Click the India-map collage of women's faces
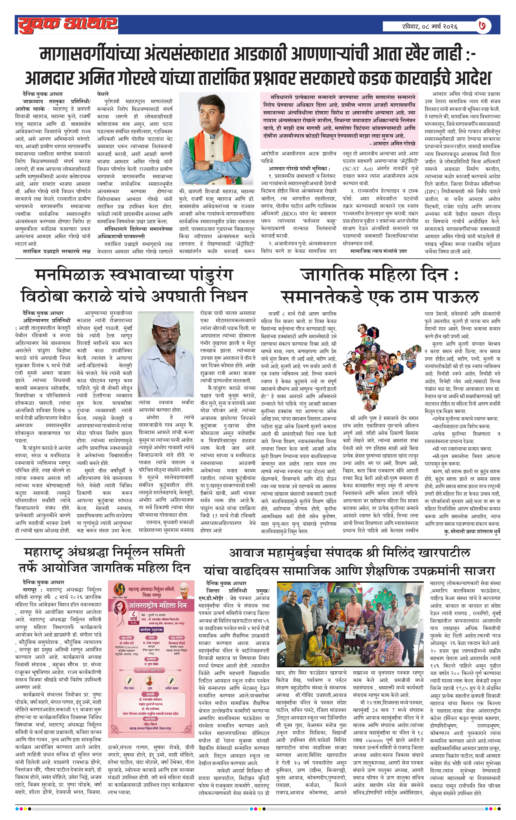click(379, 368)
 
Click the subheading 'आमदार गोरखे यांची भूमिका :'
click(299, 169)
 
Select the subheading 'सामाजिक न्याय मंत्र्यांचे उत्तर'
click(378, 251)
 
